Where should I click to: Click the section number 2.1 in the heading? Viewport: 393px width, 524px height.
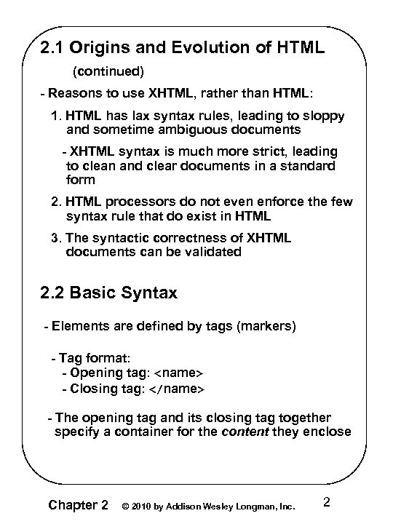pyautogui.click(x=53, y=49)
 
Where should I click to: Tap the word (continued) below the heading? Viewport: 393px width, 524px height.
pyautogui.click(x=108, y=71)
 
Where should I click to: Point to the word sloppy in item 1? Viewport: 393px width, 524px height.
pyautogui.click(x=325, y=116)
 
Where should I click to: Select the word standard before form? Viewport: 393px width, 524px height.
pyautogui.click(x=307, y=165)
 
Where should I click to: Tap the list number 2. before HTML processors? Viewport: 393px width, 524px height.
pyautogui.click(x=57, y=202)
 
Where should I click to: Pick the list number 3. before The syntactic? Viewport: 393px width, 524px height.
pyautogui.click(x=57, y=238)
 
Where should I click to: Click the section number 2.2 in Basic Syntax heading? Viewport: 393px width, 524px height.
pyautogui.click(x=53, y=293)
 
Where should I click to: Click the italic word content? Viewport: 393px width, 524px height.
pyautogui.click(x=245, y=432)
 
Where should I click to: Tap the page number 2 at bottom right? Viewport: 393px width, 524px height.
pyautogui.click(x=326, y=501)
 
